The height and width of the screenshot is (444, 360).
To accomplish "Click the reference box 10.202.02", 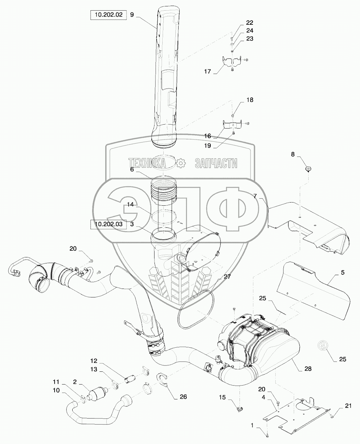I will pos(108,15).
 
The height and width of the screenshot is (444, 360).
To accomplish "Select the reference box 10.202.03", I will pos(108,224).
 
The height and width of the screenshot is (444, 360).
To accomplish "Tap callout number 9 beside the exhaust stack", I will pos(132,15).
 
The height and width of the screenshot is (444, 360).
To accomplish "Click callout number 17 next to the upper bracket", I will pos(208,72).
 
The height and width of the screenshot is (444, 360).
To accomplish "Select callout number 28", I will pos(308,369).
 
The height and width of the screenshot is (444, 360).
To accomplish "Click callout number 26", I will pos(183,397).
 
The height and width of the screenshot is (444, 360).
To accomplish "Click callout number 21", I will pos(348,406).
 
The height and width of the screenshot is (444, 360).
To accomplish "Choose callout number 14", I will pos(131,205).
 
